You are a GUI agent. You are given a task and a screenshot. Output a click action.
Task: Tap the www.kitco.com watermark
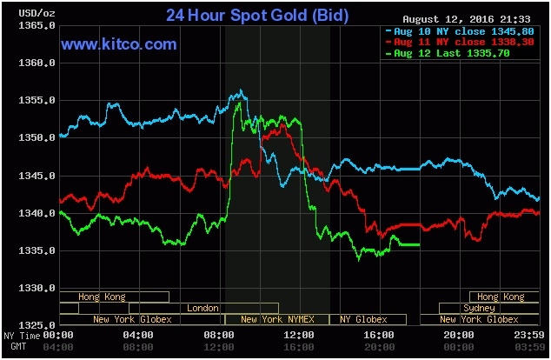point(119,43)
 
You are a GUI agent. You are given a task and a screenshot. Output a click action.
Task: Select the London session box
point(203,308)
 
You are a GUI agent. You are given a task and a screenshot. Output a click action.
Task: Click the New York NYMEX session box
point(277,319)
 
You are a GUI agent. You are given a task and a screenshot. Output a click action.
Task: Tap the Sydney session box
point(480,308)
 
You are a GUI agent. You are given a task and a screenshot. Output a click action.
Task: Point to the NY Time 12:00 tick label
point(300,335)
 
